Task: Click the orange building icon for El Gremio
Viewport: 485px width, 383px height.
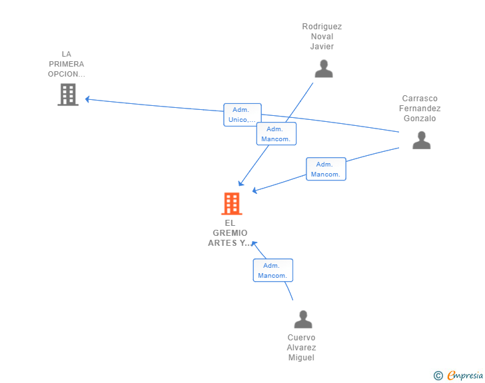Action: (x=232, y=204)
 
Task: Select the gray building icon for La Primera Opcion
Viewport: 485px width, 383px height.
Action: (x=68, y=95)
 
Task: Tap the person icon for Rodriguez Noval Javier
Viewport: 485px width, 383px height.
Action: (x=324, y=69)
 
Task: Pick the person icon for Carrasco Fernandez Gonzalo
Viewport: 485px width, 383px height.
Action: (x=421, y=140)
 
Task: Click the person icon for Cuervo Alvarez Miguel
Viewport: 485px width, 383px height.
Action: (x=303, y=319)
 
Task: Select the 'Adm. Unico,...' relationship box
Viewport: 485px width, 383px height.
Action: (x=242, y=115)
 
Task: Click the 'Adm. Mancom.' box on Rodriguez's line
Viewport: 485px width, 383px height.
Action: (x=276, y=134)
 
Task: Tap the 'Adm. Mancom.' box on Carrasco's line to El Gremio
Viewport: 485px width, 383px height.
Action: (x=326, y=169)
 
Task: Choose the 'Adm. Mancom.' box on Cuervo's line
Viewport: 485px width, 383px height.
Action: (x=273, y=270)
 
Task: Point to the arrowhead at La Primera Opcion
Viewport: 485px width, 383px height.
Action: (x=87, y=99)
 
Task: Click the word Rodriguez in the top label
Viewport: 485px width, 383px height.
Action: (x=322, y=27)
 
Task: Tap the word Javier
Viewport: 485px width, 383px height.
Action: (x=322, y=47)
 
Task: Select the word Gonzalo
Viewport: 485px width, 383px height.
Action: (x=420, y=119)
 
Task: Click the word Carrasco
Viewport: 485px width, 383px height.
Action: (x=420, y=99)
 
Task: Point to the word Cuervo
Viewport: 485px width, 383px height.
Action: (x=302, y=338)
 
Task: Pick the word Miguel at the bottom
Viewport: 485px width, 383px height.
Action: (x=301, y=358)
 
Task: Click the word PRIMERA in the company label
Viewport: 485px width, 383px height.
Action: (x=67, y=64)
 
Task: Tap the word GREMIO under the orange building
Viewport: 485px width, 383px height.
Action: (x=230, y=233)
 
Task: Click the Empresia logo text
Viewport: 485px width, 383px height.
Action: (x=465, y=375)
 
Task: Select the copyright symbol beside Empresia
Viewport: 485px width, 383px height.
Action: (x=438, y=376)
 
